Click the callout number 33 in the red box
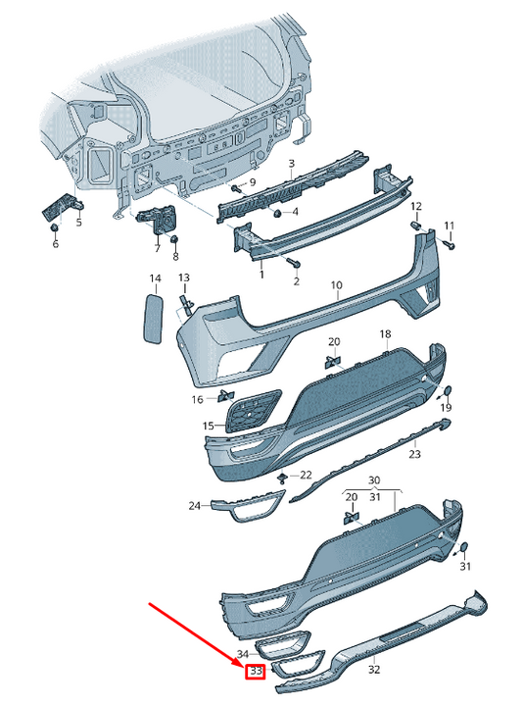click(x=256, y=672)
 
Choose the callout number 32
click(x=373, y=670)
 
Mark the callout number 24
click(x=194, y=506)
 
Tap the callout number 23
click(x=414, y=454)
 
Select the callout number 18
click(x=385, y=333)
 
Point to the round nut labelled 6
click(x=55, y=227)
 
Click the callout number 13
click(x=183, y=277)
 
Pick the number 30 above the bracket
click(x=373, y=480)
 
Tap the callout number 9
click(x=252, y=182)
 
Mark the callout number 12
click(x=415, y=206)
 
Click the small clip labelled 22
click(x=283, y=478)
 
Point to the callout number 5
click(x=79, y=223)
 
